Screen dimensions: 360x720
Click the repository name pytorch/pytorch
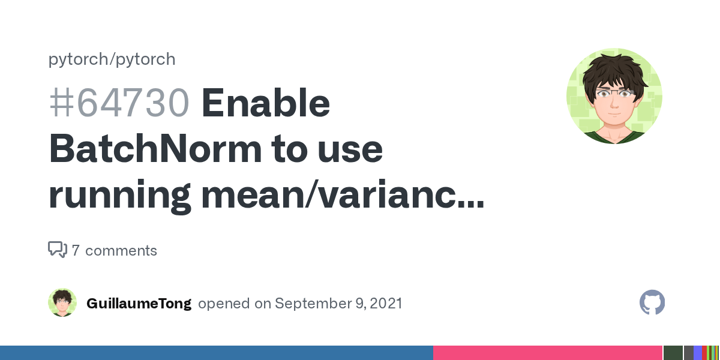tap(112, 59)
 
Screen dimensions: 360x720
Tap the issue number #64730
tap(119, 104)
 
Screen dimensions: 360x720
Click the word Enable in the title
tap(266, 104)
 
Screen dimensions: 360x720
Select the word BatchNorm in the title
tap(154, 149)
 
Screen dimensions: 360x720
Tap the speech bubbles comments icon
tap(57, 250)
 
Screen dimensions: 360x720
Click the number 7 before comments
tap(76, 251)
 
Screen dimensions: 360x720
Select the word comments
tap(121, 251)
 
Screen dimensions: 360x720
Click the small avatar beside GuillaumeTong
tap(62, 303)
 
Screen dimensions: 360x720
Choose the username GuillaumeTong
tap(139, 304)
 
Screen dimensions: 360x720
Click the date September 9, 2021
tap(338, 304)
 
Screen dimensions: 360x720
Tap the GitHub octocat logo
tap(652, 303)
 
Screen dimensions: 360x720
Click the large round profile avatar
tap(614, 96)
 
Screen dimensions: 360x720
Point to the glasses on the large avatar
tap(613, 94)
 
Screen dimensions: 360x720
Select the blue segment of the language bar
tap(216, 353)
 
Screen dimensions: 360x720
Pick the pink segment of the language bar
tap(547, 353)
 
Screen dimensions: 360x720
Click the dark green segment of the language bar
tap(673, 353)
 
